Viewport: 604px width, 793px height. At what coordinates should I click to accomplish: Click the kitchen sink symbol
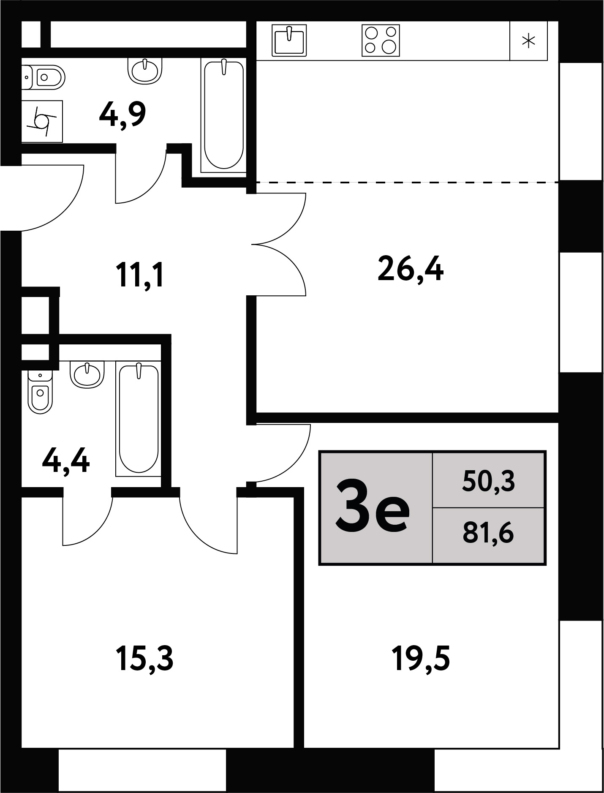pyautogui.click(x=289, y=40)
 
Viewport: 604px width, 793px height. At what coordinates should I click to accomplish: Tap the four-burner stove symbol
pyautogui.click(x=381, y=40)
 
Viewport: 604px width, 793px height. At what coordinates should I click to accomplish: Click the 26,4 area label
pyautogui.click(x=411, y=270)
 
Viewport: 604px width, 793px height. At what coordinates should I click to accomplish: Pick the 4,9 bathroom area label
pyautogui.click(x=122, y=115)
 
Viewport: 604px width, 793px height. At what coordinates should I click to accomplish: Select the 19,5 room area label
pyautogui.click(x=421, y=659)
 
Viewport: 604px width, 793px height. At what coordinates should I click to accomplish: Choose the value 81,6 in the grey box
pyautogui.click(x=488, y=533)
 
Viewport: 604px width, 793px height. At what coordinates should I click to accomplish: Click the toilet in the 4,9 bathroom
pyautogui.click(x=43, y=77)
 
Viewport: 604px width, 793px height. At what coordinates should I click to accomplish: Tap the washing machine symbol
pyautogui.click(x=42, y=121)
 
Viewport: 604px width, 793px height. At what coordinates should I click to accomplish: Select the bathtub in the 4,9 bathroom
pyautogui.click(x=224, y=115)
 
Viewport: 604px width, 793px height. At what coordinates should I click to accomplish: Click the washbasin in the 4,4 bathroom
pyautogui.click(x=87, y=373)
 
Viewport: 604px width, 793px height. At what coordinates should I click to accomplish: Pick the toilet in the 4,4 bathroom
pyautogui.click(x=40, y=391)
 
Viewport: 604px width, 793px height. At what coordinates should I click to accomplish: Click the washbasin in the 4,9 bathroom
pyautogui.click(x=145, y=70)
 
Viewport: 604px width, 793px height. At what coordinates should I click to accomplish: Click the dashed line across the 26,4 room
pyautogui.click(x=408, y=182)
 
